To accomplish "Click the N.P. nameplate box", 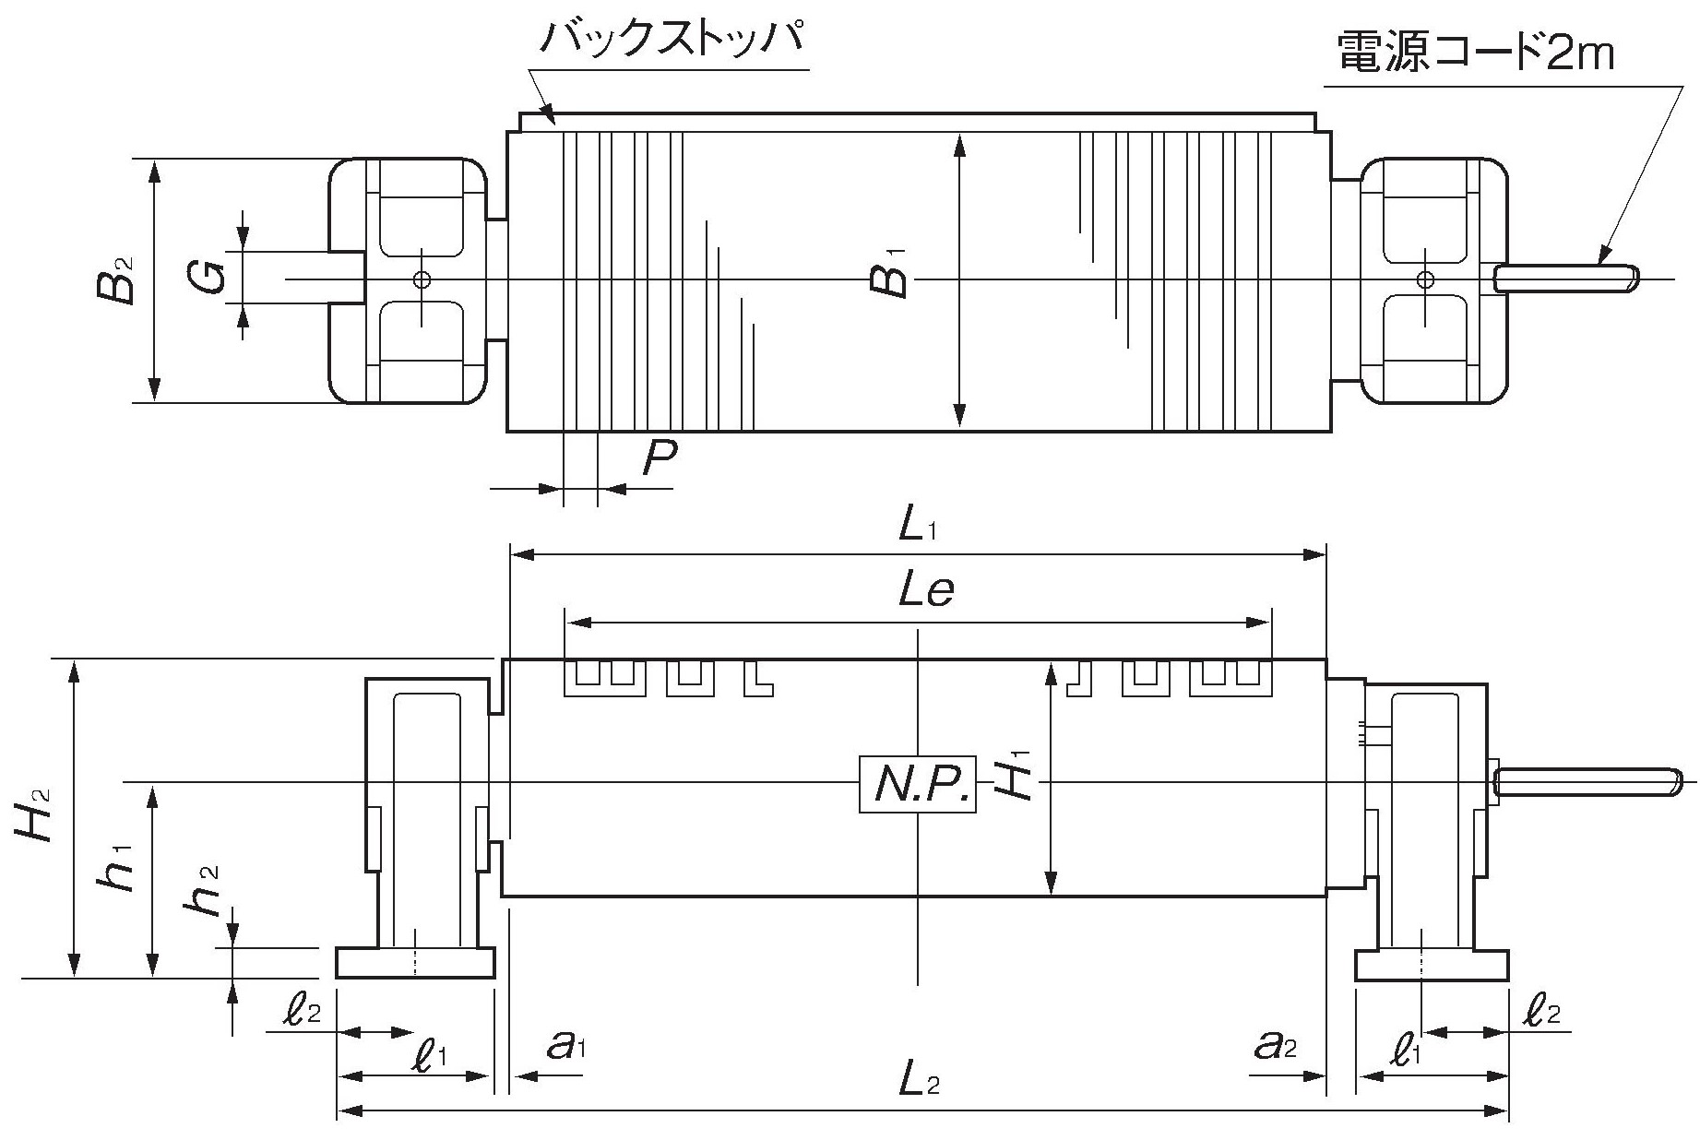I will coord(917,784).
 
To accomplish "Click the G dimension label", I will coord(209,277).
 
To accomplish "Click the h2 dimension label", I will coord(204,890).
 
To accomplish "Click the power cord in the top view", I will coord(1566,278).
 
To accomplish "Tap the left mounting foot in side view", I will coord(415,963).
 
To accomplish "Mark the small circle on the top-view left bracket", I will coord(422,279).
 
